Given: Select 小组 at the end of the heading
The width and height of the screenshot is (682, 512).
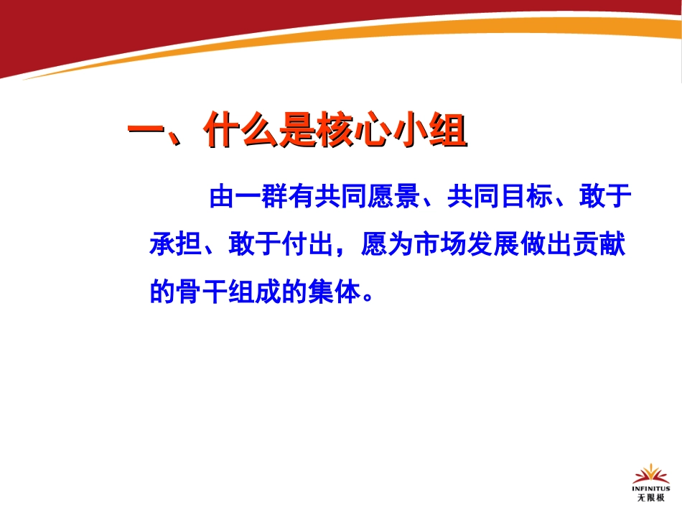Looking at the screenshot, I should click(x=433, y=133).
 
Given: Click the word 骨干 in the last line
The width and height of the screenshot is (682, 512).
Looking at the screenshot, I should click(x=202, y=292).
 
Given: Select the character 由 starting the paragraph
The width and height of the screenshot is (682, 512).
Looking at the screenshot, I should click(x=220, y=197).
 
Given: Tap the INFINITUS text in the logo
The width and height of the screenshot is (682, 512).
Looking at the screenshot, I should click(x=650, y=488).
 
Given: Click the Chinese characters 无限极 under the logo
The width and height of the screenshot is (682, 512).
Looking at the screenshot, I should click(x=650, y=497).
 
